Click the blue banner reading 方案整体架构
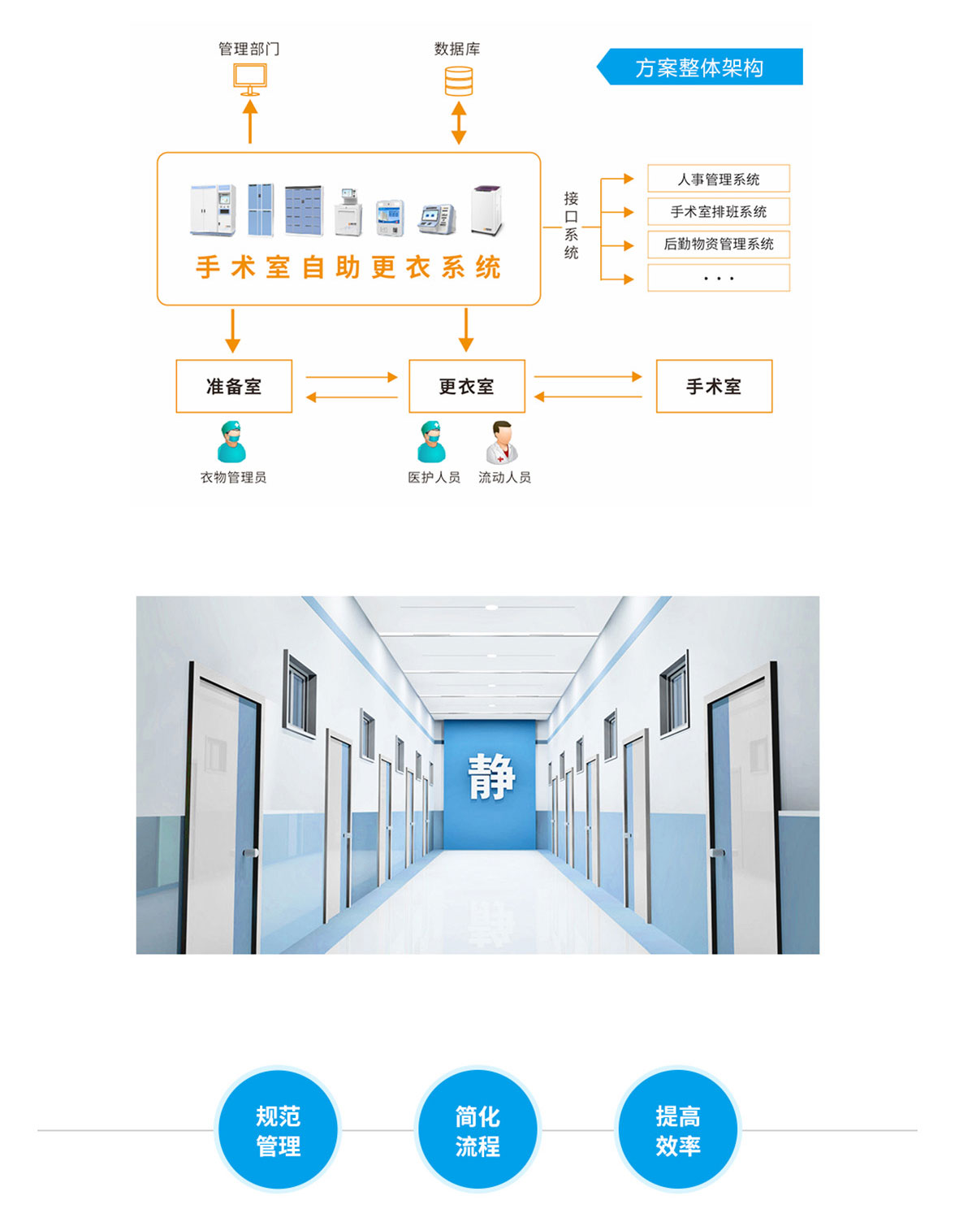coord(700,67)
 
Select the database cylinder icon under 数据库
coord(459,81)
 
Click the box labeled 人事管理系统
coord(719,179)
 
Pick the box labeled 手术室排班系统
coord(719,212)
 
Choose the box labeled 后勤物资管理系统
coord(719,245)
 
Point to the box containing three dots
coord(719,278)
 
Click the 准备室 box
coord(234,387)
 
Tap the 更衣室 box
coord(467,387)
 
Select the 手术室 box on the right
coord(714,387)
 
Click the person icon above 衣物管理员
coord(232,442)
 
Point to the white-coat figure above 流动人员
coord(502,442)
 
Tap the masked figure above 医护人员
coord(432,442)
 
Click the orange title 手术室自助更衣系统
coord(348,267)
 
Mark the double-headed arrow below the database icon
coord(459,123)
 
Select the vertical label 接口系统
coord(572,225)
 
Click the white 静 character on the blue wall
coord(491,777)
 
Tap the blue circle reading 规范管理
coord(279,1130)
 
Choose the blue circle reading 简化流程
coord(477,1130)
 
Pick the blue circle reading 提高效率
coord(678,1130)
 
